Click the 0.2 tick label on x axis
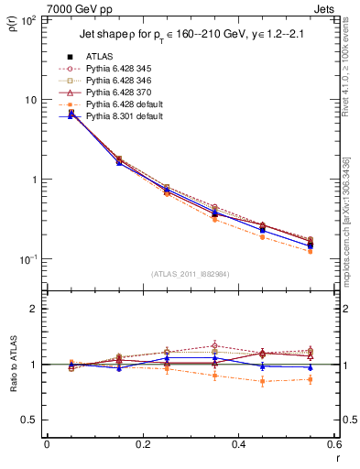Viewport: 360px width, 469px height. pyautogui.click(x=142, y=444)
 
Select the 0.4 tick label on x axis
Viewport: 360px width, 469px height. pyautogui.click(x=238, y=444)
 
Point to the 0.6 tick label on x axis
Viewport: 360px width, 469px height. pyautogui.click(x=333, y=444)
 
